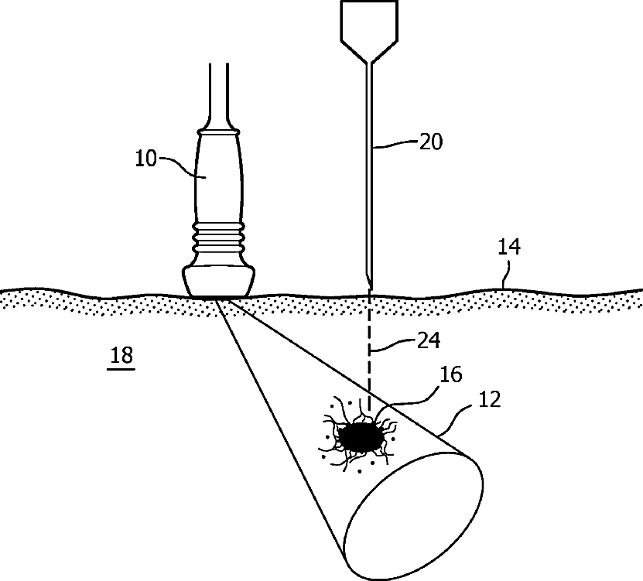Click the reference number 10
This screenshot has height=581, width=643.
pyautogui.click(x=146, y=159)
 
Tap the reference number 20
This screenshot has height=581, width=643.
pyautogui.click(x=430, y=142)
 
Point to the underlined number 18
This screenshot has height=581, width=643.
pyautogui.click(x=122, y=356)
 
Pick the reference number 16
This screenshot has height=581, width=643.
pyautogui.click(x=451, y=376)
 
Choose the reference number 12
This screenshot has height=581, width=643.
pyautogui.click(x=491, y=400)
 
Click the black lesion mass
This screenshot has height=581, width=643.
pyautogui.click(x=361, y=439)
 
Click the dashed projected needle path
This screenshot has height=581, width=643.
pyautogui.click(x=370, y=348)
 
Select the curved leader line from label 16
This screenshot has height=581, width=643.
pyautogui.click(x=410, y=397)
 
